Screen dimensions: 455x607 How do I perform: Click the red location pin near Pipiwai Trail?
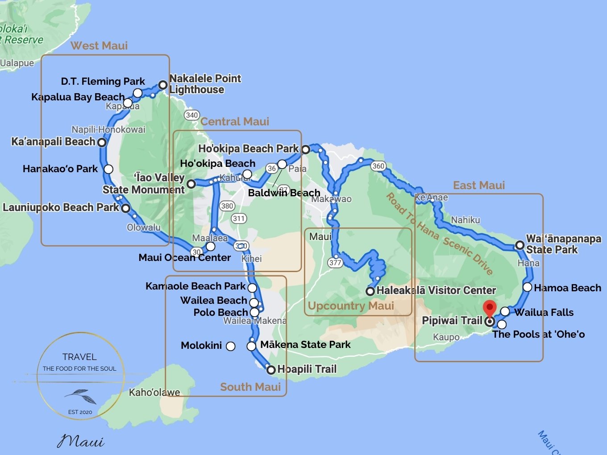click(x=490, y=308)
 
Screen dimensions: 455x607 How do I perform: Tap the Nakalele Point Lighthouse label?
click(x=205, y=84)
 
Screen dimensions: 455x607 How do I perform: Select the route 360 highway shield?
click(x=378, y=166)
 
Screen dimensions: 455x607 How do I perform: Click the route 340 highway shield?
click(x=191, y=115)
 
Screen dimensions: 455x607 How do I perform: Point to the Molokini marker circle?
click(x=231, y=346)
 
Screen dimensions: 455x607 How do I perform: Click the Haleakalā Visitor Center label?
click(x=436, y=290)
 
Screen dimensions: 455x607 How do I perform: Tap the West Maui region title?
click(x=99, y=45)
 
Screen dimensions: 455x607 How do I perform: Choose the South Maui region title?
click(x=250, y=387)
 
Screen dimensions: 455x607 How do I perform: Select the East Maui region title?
click(x=479, y=185)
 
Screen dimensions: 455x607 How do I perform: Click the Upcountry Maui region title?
click(x=351, y=306)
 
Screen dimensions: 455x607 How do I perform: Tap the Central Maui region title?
click(x=235, y=121)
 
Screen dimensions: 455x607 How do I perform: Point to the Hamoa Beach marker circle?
click(x=528, y=287)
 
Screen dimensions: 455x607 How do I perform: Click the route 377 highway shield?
click(x=335, y=262)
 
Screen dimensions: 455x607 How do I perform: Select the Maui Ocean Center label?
click(x=184, y=257)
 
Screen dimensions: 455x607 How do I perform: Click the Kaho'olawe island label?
click(x=154, y=393)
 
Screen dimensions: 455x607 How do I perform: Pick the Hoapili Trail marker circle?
click(x=271, y=370)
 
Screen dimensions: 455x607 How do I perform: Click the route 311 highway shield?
click(x=239, y=218)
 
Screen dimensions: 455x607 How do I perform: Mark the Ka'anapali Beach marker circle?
click(x=102, y=142)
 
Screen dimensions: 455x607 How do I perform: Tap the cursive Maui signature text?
click(x=80, y=441)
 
